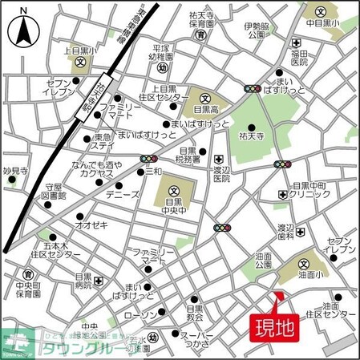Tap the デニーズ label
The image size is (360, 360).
tap(123, 194)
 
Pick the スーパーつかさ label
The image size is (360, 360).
tap(196, 340)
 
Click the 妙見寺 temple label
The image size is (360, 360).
tap(14, 171)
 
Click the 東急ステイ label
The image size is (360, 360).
tap(102, 141)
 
